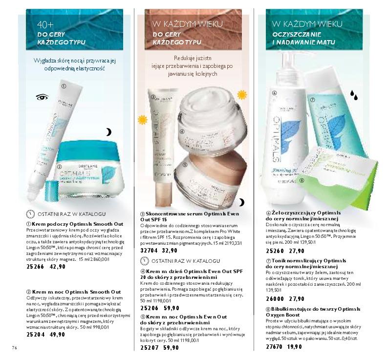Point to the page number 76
coord(14,347)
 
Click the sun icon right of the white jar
coord(241,94)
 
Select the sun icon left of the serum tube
coord(142,119)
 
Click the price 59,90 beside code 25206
coord(171,309)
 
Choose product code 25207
coord(149,348)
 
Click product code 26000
coord(276,299)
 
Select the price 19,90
coord(295,347)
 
